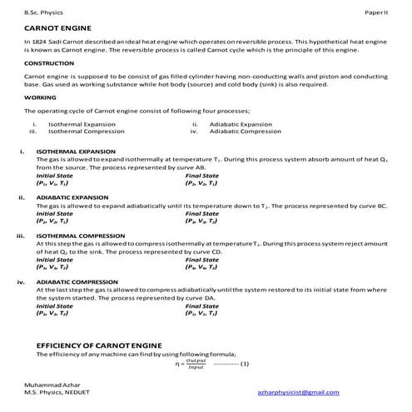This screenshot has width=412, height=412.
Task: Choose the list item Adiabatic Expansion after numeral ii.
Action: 241,124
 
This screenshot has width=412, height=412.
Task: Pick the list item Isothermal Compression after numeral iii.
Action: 82,132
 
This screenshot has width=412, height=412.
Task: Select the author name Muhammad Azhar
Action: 49,390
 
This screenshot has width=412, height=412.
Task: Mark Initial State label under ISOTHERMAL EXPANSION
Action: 54,176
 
